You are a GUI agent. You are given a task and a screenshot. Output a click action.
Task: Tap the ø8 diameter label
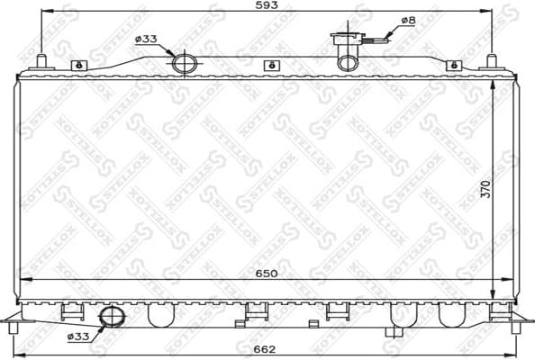[x=407, y=20]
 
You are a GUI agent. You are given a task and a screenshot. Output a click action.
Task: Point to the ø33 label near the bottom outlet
[x=78, y=337]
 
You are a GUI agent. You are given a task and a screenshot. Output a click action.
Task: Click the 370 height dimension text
[x=485, y=190]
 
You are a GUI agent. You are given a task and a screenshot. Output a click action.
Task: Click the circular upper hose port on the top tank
[x=185, y=62]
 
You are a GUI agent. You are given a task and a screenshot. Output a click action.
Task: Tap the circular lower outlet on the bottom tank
[x=113, y=317]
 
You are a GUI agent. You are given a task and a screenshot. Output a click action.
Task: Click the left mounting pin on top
[x=41, y=62]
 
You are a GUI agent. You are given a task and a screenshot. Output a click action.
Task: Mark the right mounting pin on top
[x=491, y=62]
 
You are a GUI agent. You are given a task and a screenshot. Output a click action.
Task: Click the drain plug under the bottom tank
[x=393, y=330]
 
